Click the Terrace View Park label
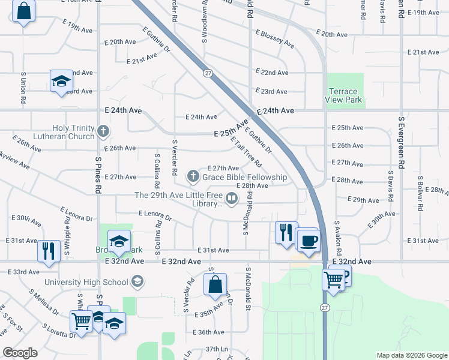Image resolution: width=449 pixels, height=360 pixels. (345, 95)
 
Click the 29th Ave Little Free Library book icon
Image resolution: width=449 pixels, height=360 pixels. (231, 197)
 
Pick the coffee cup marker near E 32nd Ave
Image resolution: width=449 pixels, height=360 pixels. (309, 241)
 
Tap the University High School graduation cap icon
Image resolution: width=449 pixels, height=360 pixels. (137, 281)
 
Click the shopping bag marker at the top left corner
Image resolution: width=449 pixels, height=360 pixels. (23, 11)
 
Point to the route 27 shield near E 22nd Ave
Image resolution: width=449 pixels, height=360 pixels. (208, 73)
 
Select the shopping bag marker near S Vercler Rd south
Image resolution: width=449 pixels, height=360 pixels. (215, 284)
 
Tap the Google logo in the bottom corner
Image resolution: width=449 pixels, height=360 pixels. (20, 353)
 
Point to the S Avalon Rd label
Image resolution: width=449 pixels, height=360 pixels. (338, 236)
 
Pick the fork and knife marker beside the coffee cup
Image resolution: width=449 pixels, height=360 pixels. (286, 231)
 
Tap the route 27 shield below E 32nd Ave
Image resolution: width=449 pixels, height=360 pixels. (325, 307)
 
